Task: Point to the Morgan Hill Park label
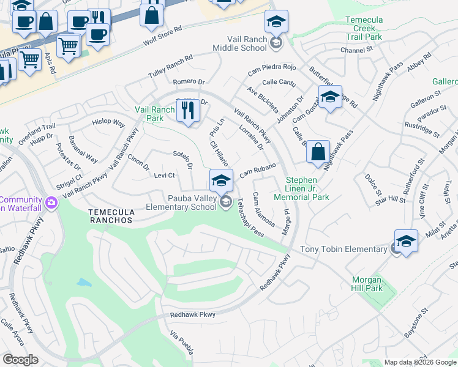(x=375, y=284)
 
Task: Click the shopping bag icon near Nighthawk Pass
(x=318, y=152)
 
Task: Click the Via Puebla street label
(x=182, y=344)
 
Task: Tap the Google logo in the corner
(x=20, y=360)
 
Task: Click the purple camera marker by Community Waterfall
(x=51, y=201)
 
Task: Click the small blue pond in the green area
(x=84, y=283)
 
